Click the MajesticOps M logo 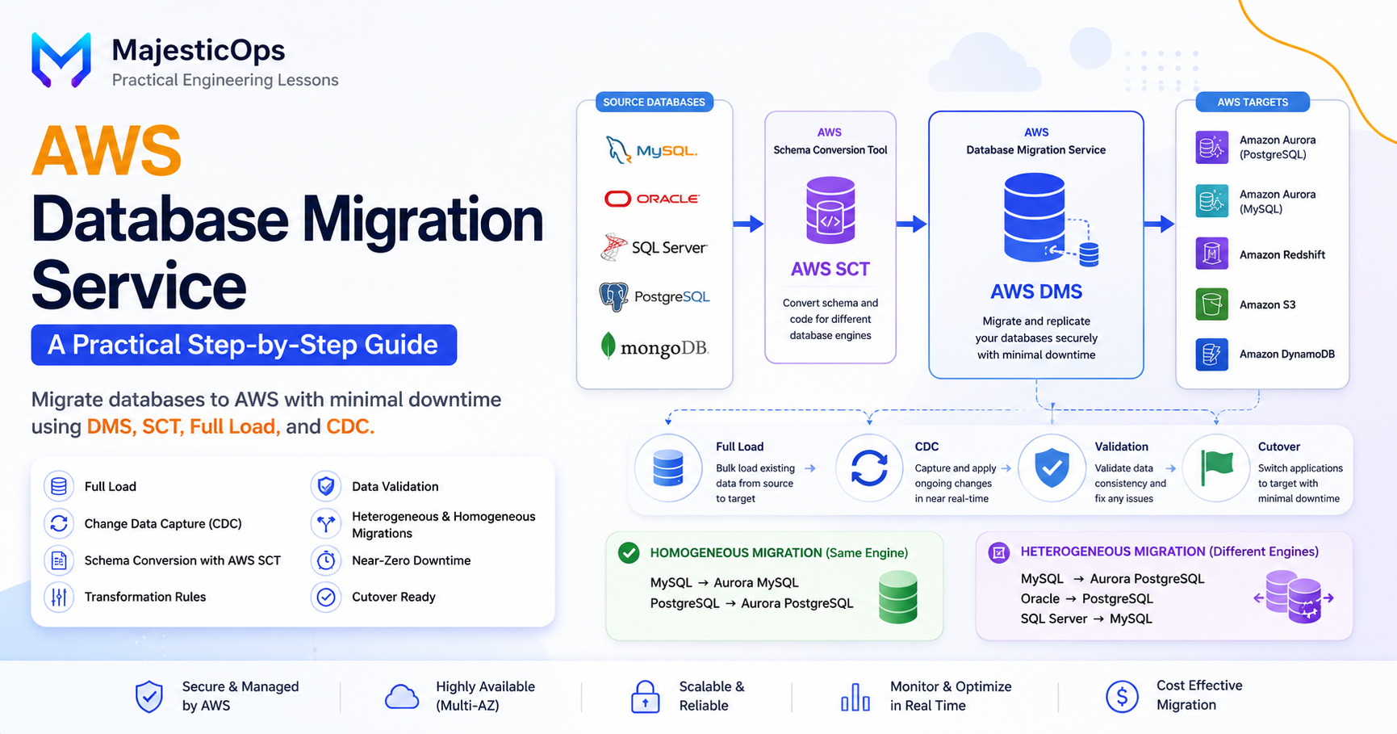click(61, 60)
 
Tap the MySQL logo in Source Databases click(651, 150)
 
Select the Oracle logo click(651, 199)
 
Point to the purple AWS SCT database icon click(830, 210)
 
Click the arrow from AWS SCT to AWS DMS click(911, 224)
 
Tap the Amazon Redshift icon click(1211, 254)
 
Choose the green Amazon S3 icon click(1211, 304)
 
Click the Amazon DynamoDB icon click(1211, 354)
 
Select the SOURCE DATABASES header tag click(654, 102)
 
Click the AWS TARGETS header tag click(1253, 102)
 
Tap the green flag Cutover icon click(1217, 468)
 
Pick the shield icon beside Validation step click(1052, 468)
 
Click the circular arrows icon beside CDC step click(869, 468)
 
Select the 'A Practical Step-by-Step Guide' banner click(244, 345)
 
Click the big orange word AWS click(107, 150)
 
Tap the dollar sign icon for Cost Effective click(1122, 696)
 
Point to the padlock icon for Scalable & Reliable click(645, 696)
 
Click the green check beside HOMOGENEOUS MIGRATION click(629, 552)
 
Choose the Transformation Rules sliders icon click(59, 597)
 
